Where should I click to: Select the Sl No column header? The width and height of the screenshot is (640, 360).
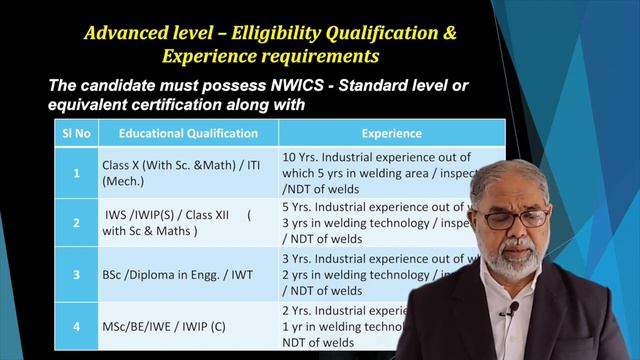pyautogui.click(x=76, y=133)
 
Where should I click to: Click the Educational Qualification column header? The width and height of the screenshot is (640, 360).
pyautogui.click(x=188, y=133)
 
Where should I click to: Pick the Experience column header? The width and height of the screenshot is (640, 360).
pyautogui.click(x=391, y=133)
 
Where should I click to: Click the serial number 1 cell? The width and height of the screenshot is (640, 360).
pyautogui.click(x=76, y=172)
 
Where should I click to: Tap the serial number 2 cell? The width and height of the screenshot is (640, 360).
pyautogui.click(x=76, y=223)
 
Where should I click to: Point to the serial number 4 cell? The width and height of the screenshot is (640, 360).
pyautogui.click(x=76, y=326)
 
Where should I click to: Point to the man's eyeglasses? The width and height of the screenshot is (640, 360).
pyautogui.click(x=515, y=217)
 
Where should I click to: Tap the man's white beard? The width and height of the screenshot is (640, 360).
pyautogui.click(x=515, y=262)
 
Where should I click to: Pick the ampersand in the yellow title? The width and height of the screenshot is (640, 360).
pyautogui.click(x=449, y=33)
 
